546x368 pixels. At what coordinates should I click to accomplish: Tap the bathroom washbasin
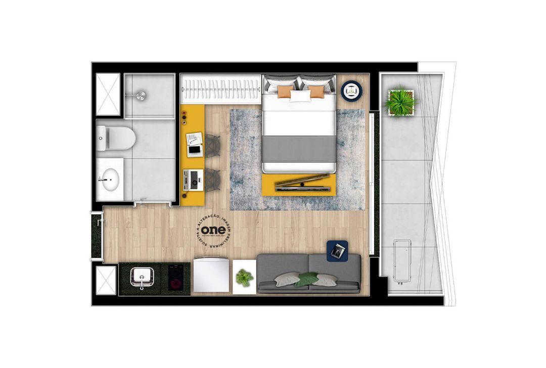[109, 178]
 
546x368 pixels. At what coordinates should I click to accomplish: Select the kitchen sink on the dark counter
[141, 277]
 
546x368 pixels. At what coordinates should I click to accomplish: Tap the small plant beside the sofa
[245, 277]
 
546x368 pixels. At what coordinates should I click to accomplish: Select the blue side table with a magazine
[337, 251]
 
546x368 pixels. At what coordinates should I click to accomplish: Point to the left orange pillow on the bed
[285, 91]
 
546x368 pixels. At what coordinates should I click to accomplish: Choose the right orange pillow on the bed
[316, 91]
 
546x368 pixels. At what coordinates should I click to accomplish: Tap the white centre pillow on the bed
[300, 95]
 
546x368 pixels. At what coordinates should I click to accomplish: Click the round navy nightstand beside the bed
[352, 91]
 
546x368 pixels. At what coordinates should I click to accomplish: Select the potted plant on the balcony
[400, 102]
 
